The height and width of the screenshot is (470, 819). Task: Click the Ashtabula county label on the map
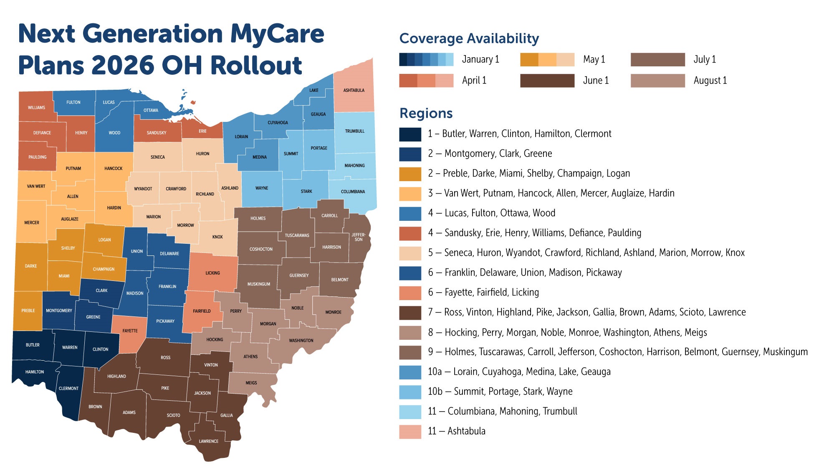[x=354, y=90]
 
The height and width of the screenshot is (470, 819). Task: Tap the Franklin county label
[x=167, y=286]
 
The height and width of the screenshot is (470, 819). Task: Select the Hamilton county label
[x=35, y=371]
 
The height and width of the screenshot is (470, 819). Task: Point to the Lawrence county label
[x=208, y=441]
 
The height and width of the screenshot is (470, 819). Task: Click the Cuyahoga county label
[x=278, y=123]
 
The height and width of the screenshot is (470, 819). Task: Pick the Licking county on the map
[x=212, y=273]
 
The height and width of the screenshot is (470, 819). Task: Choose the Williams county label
[x=36, y=108]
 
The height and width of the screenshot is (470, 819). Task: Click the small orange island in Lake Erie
[x=193, y=102]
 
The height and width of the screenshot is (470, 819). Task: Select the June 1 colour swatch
[x=547, y=81]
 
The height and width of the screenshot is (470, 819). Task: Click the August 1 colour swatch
[x=657, y=81]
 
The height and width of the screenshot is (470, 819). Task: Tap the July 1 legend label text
[x=705, y=59]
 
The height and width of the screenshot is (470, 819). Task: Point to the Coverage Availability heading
[x=469, y=38]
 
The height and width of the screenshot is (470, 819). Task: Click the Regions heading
[x=426, y=113]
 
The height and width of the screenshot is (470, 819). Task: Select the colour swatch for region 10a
[x=410, y=371]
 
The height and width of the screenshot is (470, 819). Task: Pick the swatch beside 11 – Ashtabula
[x=410, y=431]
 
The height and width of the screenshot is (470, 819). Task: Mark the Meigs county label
[x=251, y=383]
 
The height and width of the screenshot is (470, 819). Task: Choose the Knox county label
[x=217, y=237]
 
